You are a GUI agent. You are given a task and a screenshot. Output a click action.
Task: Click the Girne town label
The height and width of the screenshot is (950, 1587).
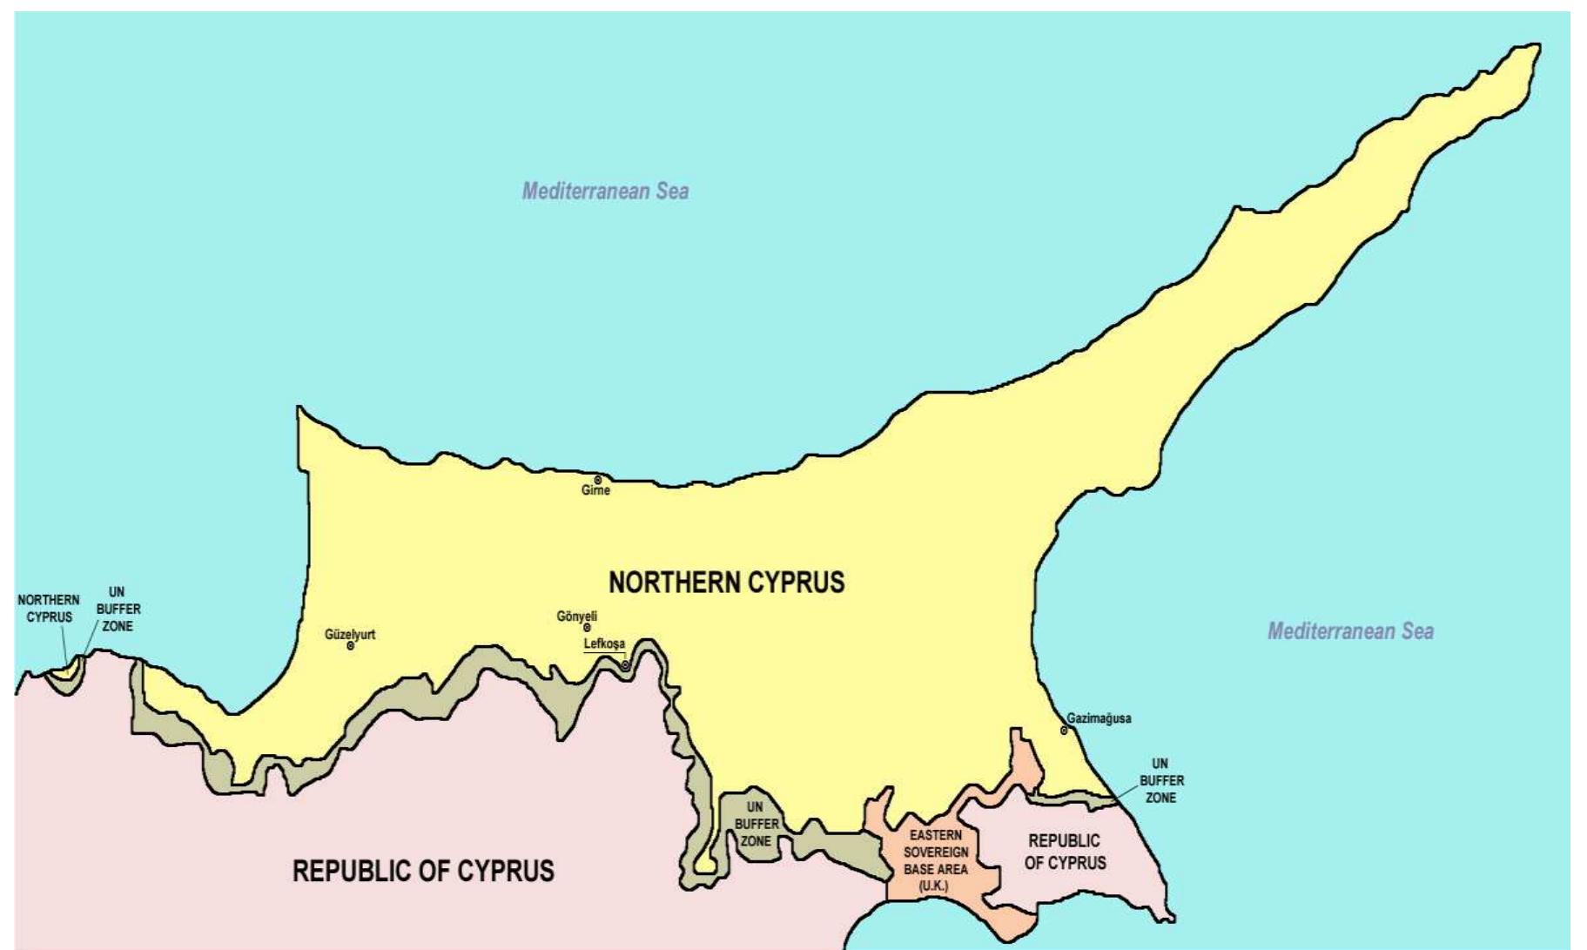point(595,491)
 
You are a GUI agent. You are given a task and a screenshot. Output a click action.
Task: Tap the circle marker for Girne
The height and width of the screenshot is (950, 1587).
point(598,480)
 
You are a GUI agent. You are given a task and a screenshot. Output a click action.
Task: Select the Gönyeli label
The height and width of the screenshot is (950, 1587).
point(576,616)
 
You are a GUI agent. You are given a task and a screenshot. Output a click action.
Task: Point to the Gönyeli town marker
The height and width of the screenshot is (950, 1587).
point(587,627)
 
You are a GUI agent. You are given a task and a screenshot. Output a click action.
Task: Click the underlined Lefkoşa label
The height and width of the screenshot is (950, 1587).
point(604,644)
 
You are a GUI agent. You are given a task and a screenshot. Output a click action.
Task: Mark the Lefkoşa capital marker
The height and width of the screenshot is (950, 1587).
point(625,665)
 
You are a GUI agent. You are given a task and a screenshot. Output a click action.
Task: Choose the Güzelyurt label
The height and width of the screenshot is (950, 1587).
point(350,634)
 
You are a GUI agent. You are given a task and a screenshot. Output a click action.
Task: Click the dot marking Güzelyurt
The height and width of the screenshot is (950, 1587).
point(351,646)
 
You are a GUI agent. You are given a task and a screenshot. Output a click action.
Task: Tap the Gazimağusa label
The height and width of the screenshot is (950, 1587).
point(1099,718)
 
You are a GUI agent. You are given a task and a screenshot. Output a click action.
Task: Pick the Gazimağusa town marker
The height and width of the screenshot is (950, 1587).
point(1064,731)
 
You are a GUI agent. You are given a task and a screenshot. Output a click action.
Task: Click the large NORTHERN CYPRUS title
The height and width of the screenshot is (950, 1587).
point(726,583)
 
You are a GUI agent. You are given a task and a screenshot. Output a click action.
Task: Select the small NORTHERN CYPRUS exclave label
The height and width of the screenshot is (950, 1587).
point(49,609)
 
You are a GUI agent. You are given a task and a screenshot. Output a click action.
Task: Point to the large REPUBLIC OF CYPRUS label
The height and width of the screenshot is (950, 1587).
point(423,871)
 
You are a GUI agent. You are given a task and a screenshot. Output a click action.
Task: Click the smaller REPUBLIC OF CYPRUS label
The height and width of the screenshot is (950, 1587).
point(1065,852)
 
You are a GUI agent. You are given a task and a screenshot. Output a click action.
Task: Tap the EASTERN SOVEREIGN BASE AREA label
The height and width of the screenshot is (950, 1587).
point(935,860)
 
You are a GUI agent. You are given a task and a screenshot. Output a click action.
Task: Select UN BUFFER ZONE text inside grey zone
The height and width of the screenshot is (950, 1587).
point(756,824)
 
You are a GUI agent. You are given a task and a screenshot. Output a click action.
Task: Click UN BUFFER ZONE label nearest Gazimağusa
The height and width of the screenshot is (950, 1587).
point(1161,780)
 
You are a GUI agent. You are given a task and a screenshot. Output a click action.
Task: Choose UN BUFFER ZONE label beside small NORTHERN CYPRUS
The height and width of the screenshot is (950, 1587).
point(118,609)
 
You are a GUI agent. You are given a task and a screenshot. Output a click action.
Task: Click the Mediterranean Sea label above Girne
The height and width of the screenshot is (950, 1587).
point(605,192)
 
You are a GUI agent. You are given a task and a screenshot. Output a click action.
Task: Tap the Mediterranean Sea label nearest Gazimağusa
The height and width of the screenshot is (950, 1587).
point(1350,631)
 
